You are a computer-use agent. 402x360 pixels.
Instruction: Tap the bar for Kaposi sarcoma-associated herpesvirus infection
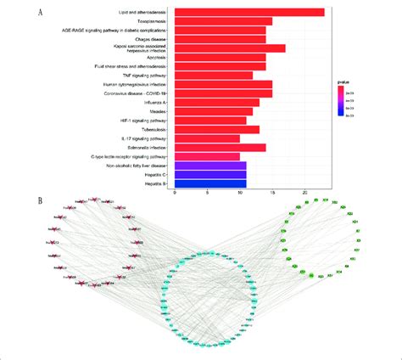click(230, 48)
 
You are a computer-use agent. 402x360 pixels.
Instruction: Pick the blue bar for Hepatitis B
click(210, 183)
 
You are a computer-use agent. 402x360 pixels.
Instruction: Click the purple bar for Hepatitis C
click(210, 174)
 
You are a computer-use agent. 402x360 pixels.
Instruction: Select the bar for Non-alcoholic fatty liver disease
click(210, 165)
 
